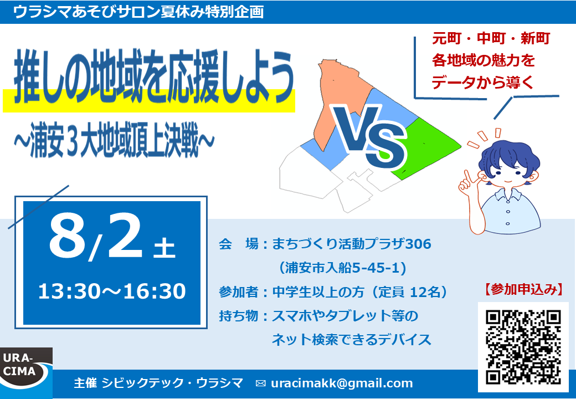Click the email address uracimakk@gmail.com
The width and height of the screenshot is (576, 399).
tap(342, 383)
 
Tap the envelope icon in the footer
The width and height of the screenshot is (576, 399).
tap(260, 383)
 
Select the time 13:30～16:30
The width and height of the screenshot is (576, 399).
tap(112, 291)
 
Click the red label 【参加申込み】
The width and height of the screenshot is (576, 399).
tap(523, 289)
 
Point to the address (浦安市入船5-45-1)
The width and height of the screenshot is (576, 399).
tap(342, 268)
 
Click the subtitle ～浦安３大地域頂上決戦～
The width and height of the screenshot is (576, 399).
tap(114, 141)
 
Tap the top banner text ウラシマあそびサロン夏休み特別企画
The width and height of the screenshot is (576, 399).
tap(138, 12)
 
